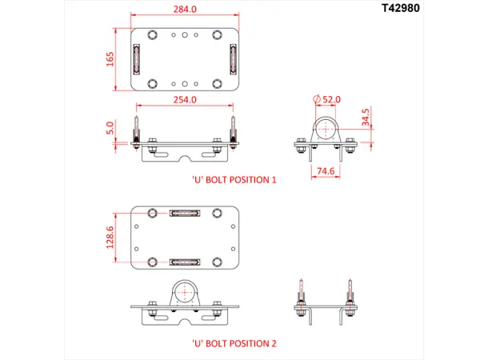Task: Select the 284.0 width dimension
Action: click(183, 10)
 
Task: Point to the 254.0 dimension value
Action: click(185, 100)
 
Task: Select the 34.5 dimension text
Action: click(366, 118)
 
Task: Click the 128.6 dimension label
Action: click(111, 237)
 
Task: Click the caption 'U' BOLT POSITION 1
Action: click(234, 180)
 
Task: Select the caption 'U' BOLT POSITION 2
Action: click(234, 343)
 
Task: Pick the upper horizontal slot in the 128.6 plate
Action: click(185, 214)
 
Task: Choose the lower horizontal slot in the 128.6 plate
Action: click(185, 262)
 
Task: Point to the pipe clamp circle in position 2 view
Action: click(185, 292)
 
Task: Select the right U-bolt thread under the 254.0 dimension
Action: click(233, 126)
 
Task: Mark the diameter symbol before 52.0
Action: click(317, 98)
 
